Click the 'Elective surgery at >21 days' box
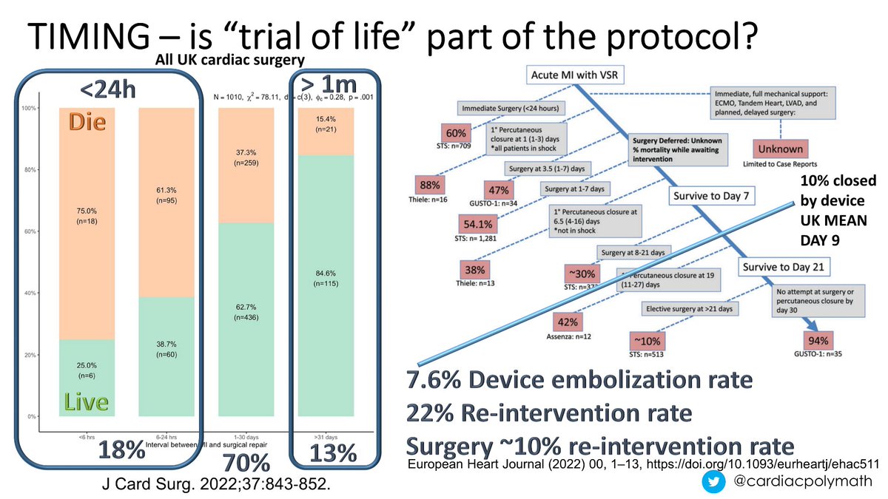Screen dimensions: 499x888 (689, 308)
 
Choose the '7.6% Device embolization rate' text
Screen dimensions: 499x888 (578, 381)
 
